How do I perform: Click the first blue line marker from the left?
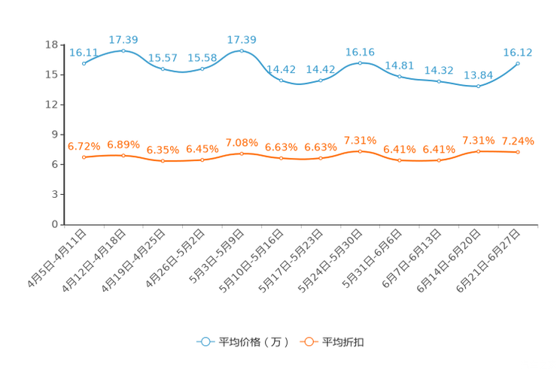pyautogui.click(x=84, y=64)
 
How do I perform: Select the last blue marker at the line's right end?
pyautogui.click(x=518, y=64)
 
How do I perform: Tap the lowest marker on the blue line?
pyautogui.click(x=478, y=86)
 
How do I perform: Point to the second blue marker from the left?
pyautogui.click(x=123, y=50)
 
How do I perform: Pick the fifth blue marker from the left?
pyautogui.click(x=242, y=50)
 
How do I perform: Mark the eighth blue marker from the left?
pyautogui.click(x=360, y=62)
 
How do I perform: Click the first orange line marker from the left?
pyautogui.click(x=84, y=157)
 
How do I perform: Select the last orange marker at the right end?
pyautogui.click(x=518, y=152)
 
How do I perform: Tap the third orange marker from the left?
pyautogui.click(x=163, y=161)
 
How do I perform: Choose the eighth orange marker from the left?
pyautogui.click(x=360, y=151)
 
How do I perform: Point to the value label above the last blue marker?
pyautogui.click(x=519, y=53)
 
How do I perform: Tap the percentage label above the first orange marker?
pyautogui.click(x=84, y=146)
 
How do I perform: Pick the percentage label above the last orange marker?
pyautogui.click(x=519, y=141)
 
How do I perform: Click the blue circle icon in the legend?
pyautogui.click(x=205, y=341)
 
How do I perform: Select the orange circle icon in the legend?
pyautogui.click(x=308, y=341)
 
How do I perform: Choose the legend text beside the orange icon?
pyautogui.click(x=343, y=342)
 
